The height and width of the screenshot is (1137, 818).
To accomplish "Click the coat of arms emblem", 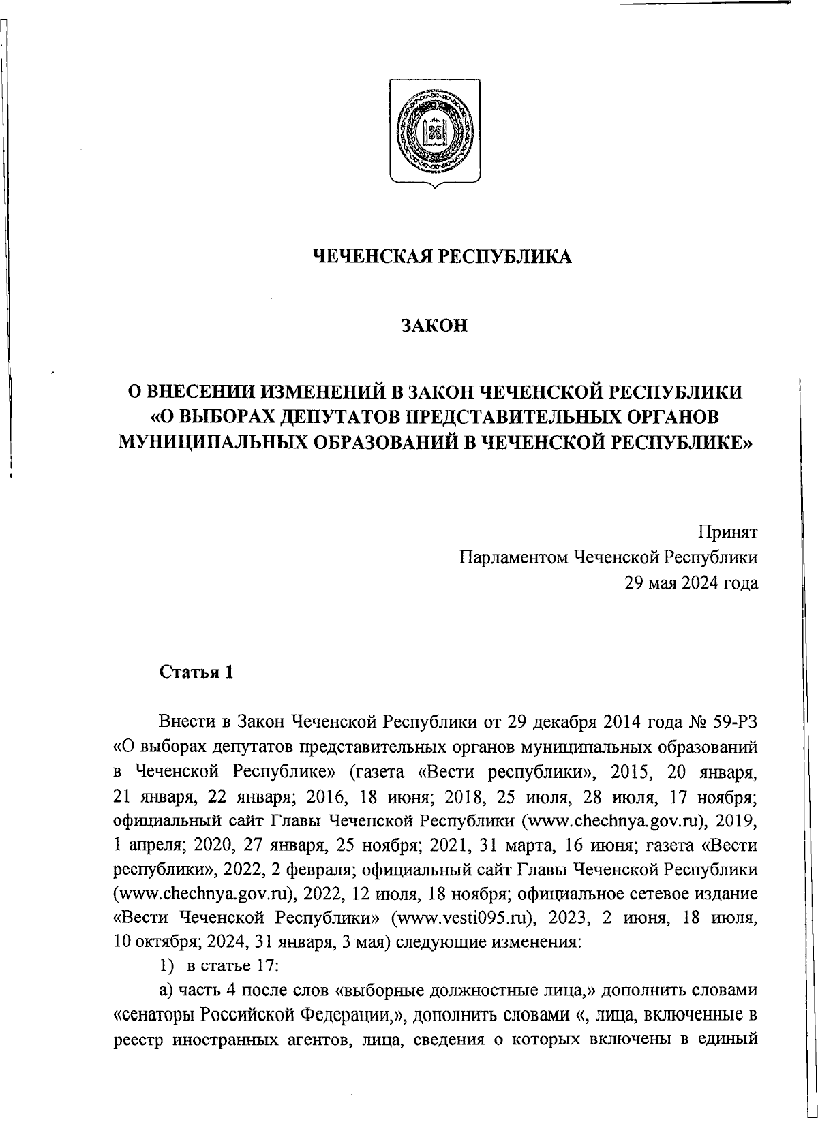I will [434, 131].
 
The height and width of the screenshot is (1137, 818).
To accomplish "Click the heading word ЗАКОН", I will [434, 326].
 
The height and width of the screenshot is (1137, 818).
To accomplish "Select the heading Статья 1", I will [196, 672].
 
